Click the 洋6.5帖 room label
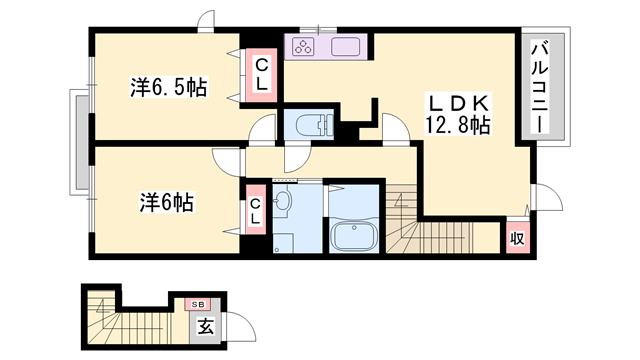(x=169, y=87)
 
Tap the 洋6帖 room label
(x=167, y=202)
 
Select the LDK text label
(x=458, y=104)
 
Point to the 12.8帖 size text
(x=458, y=125)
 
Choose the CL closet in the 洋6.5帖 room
(x=261, y=75)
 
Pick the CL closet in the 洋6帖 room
(x=256, y=210)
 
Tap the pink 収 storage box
(x=518, y=238)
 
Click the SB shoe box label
(x=198, y=304)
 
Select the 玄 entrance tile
(x=206, y=327)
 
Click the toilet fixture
(x=314, y=124)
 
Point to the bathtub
(x=354, y=237)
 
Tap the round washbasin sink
(x=282, y=201)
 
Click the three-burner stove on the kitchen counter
(x=304, y=46)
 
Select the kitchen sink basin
(x=345, y=47)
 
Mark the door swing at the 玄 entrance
(x=240, y=326)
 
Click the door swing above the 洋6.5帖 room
(x=206, y=20)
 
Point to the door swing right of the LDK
(x=549, y=197)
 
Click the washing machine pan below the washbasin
(x=283, y=243)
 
